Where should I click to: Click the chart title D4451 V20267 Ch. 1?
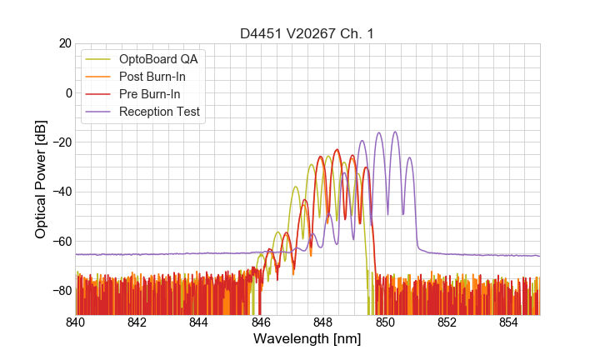click(307, 33)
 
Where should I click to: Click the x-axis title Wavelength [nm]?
click(307, 339)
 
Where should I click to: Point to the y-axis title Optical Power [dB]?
click(40, 179)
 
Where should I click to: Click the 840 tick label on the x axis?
click(76, 322)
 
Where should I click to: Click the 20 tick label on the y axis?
click(63, 43)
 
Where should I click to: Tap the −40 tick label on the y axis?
click(60, 192)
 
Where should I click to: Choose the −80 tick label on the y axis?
click(60, 290)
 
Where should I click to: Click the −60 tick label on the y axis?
click(60, 241)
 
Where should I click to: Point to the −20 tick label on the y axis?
click(60, 142)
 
